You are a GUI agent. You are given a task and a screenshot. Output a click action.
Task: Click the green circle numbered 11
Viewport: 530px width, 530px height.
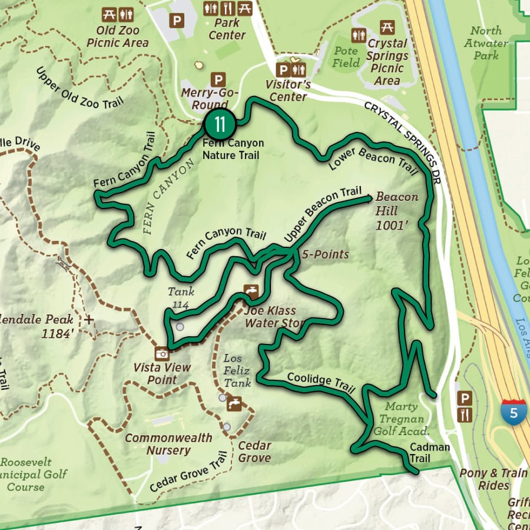click(220, 124)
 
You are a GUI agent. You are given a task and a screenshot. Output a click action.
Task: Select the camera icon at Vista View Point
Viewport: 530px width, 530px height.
click(161, 353)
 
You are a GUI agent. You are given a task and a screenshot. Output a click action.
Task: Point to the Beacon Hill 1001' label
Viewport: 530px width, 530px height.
click(396, 211)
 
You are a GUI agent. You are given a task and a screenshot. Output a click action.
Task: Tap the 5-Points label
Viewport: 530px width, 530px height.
click(325, 255)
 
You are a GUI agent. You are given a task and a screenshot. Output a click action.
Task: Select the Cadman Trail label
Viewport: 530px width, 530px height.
click(429, 453)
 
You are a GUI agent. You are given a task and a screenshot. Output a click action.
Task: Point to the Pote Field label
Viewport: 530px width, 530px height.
click(346, 57)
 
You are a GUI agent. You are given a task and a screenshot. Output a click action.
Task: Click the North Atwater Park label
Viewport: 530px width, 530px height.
click(486, 43)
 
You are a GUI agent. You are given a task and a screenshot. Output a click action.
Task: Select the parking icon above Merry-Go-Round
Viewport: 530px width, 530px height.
click(218, 78)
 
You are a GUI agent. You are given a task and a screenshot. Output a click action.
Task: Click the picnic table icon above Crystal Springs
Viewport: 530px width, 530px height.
click(387, 27)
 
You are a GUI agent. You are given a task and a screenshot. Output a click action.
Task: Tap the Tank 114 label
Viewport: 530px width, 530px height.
click(181, 297)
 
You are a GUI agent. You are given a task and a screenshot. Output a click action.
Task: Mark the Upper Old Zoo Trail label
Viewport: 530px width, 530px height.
click(79, 87)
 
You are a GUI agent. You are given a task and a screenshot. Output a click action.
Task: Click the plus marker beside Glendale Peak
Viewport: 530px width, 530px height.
click(89, 320)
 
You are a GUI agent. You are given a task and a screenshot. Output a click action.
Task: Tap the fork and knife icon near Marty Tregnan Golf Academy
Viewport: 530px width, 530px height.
click(465, 415)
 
